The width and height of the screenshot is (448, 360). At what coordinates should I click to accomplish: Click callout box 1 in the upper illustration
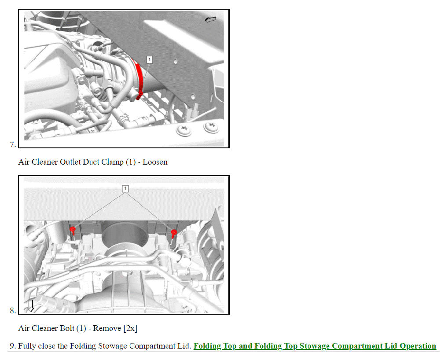tap(150, 59)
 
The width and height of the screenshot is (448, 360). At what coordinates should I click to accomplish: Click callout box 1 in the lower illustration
tap(125, 189)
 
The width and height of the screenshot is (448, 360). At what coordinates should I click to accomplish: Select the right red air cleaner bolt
tap(174, 232)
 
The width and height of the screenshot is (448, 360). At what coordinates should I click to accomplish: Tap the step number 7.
tap(12, 144)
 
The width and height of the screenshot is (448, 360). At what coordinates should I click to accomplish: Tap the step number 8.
tap(12, 311)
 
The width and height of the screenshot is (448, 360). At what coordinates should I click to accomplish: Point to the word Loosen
tap(155, 162)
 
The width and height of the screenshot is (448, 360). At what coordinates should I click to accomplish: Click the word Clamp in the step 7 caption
tap(113, 162)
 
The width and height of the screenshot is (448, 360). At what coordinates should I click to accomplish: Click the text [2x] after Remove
tap(130, 328)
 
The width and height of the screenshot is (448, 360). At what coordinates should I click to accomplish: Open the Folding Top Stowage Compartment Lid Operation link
tap(315, 346)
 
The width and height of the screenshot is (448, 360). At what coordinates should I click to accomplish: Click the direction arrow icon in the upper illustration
tap(211, 20)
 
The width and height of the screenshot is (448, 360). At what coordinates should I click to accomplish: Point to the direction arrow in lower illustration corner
tap(31, 306)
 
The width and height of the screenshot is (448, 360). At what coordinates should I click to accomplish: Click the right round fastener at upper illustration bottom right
tap(211, 127)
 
